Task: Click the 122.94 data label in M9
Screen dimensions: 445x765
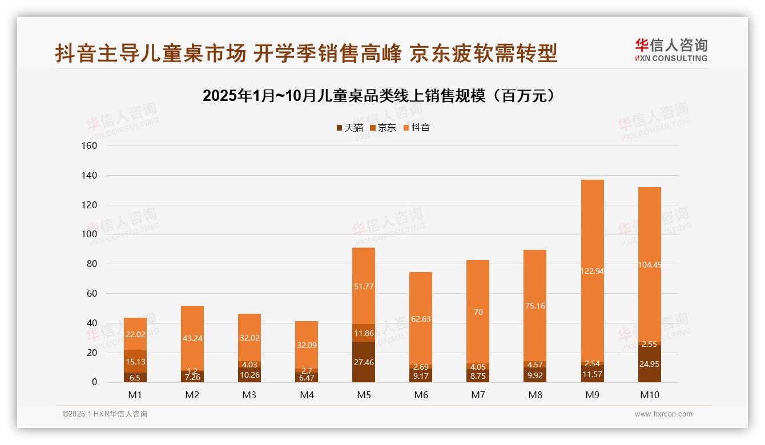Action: coord(592,271)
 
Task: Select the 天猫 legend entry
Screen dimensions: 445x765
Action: coord(349,128)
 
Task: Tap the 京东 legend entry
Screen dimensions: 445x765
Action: coord(383,128)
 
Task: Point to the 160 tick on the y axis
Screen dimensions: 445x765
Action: coord(90,145)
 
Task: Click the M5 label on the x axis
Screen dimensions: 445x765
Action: coord(364,395)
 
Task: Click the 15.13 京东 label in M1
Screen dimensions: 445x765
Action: coord(135,362)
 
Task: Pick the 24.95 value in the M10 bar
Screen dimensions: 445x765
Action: coord(649,364)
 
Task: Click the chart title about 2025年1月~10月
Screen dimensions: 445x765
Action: coord(379,96)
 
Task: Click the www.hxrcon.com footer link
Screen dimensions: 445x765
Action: coord(663,414)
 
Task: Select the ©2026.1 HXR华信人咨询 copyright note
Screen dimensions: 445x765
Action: coord(105,414)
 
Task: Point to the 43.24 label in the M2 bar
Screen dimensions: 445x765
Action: coord(192,338)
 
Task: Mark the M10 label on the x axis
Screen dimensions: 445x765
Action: coord(649,395)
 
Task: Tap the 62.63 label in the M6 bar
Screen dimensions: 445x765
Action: coord(421,319)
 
